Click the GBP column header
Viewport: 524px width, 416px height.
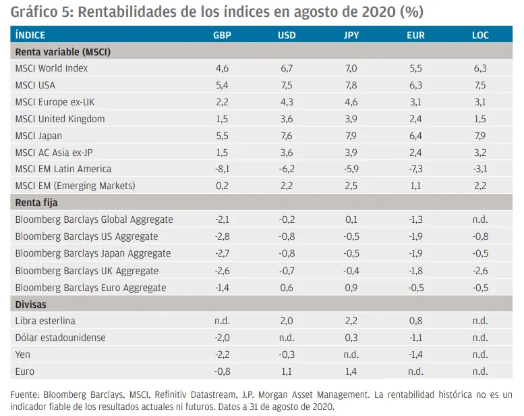tap(222, 34)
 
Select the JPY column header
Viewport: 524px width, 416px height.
tap(351, 34)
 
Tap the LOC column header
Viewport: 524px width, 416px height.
tap(480, 34)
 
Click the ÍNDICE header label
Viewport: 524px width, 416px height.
tap(30, 34)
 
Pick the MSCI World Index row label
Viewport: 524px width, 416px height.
tap(51, 68)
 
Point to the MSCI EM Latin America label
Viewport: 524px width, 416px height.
tap(63, 169)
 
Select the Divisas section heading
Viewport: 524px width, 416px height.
tap(30, 305)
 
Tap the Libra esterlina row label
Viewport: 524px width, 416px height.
tap(45, 321)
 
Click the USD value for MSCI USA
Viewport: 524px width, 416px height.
tap(287, 85)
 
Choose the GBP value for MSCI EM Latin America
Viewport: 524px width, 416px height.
tap(222, 169)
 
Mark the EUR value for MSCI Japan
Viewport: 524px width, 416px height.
tap(415, 136)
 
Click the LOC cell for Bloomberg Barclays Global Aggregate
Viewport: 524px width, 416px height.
tap(480, 219)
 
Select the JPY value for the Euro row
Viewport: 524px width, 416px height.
tap(351, 371)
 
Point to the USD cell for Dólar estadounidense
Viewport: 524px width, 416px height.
tap(287, 338)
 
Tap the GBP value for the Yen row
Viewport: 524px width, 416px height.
tap(222, 355)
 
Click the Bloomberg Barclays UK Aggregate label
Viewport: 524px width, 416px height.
tap(86, 271)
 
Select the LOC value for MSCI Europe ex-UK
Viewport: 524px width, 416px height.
tap(480, 102)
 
